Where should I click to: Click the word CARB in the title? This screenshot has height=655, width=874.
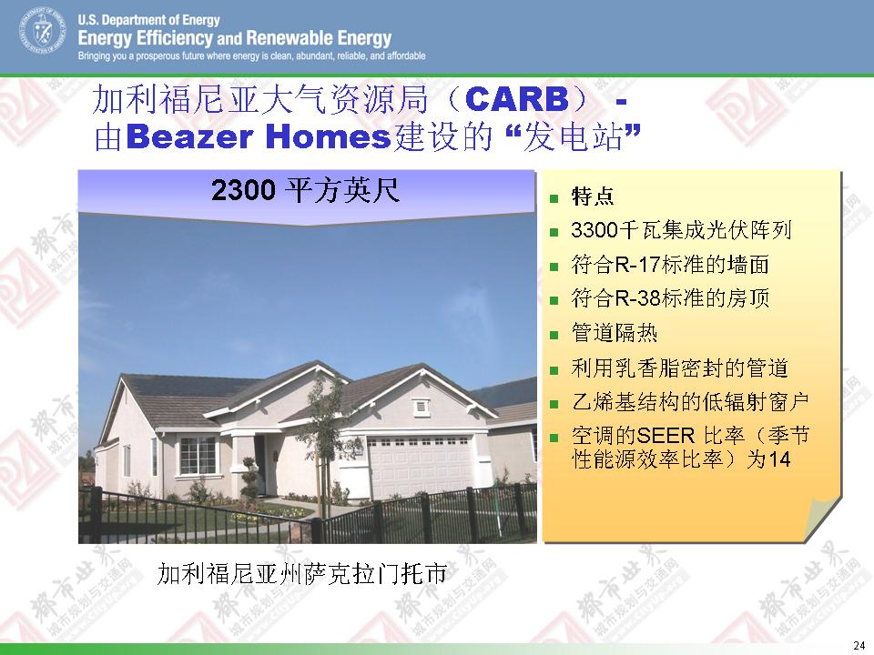tap(517, 100)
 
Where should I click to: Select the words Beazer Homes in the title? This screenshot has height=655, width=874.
tap(259, 137)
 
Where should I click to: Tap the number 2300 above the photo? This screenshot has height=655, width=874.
tap(244, 190)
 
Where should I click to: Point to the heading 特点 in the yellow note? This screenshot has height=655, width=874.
tap(593, 196)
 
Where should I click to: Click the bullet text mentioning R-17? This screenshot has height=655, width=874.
tap(670, 264)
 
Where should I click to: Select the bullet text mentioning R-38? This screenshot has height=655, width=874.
tap(670, 298)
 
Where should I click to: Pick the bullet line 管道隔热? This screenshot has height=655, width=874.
tap(615, 333)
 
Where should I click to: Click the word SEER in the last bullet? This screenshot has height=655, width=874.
tap(666, 436)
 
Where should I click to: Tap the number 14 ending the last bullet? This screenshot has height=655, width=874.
tap(778, 459)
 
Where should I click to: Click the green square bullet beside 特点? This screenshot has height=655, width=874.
tap(554, 197)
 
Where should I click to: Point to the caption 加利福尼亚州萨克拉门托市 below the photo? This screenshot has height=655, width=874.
tap(301, 573)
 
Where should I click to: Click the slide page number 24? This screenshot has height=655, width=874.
tap(859, 645)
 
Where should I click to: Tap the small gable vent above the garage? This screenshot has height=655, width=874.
tap(422, 408)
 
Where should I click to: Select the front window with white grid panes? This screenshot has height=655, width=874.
tap(197, 455)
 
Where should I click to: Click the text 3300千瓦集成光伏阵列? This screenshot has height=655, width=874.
tap(681, 230)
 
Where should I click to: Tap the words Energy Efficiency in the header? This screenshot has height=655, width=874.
tap(146, 38)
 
